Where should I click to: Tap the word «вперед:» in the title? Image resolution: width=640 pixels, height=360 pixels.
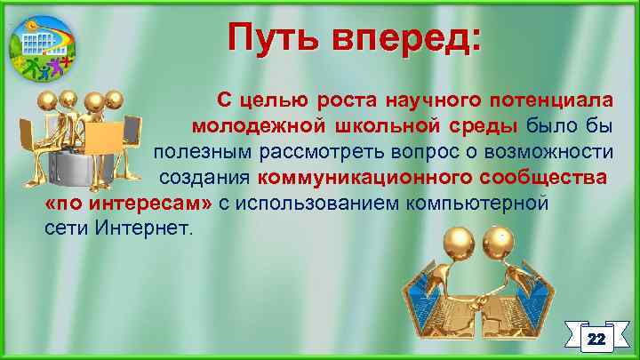coord(406,39)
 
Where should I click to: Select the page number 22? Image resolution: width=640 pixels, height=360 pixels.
coord(596,340)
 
